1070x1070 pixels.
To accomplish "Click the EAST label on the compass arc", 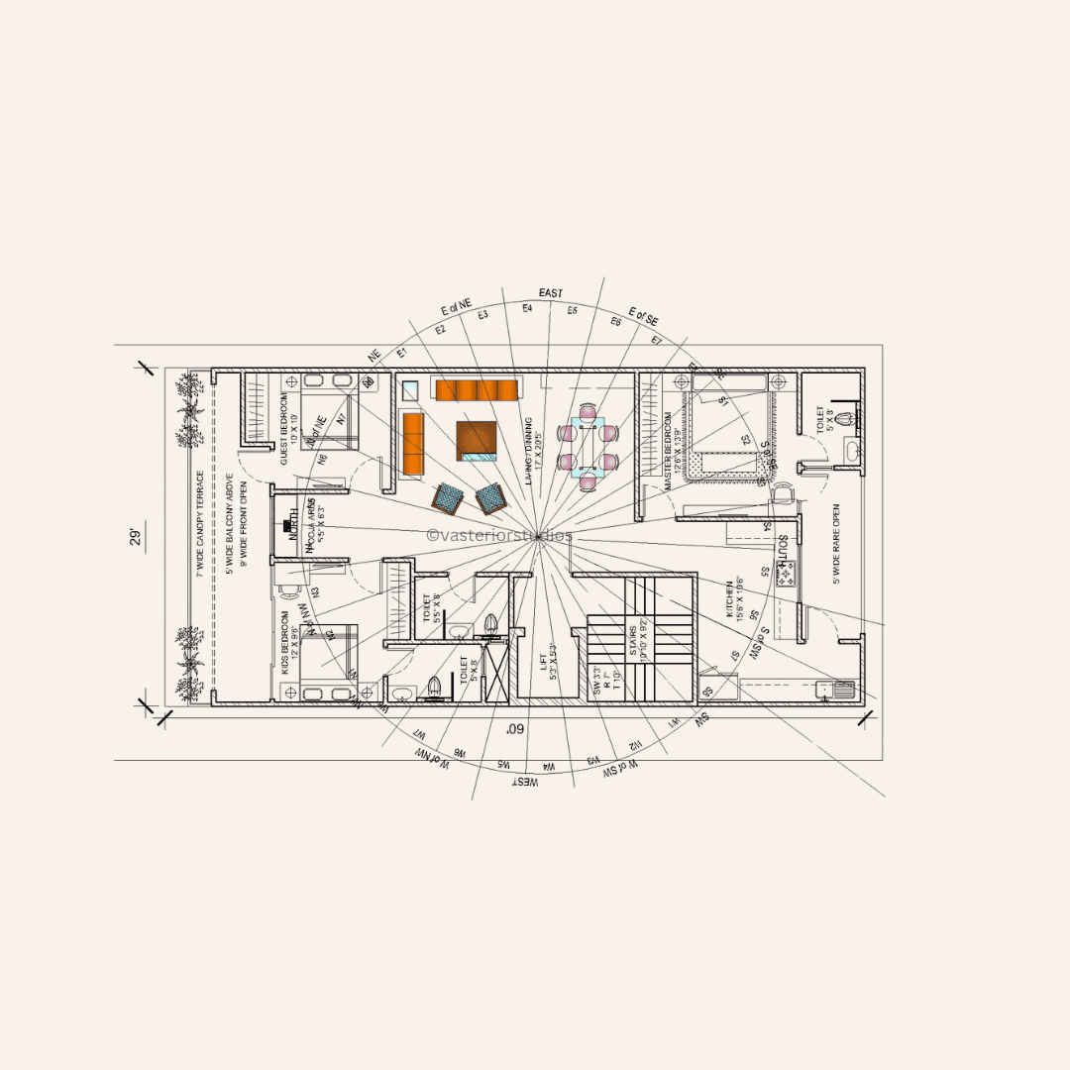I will [550, 293].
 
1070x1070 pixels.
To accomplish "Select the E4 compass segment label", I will [527, 308].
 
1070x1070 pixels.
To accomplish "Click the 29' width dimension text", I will [136, 538].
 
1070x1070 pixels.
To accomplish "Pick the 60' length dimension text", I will [514, 729].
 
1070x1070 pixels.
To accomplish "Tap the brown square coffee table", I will [477, 441].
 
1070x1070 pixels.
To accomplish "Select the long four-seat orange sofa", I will [478, 389].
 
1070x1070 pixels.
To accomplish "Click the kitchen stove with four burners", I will [785, 572].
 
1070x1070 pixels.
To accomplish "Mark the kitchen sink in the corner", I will [824, 691].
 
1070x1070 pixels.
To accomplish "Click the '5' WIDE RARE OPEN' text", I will [837, 544].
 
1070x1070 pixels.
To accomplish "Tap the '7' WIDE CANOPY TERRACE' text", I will [199, 523].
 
